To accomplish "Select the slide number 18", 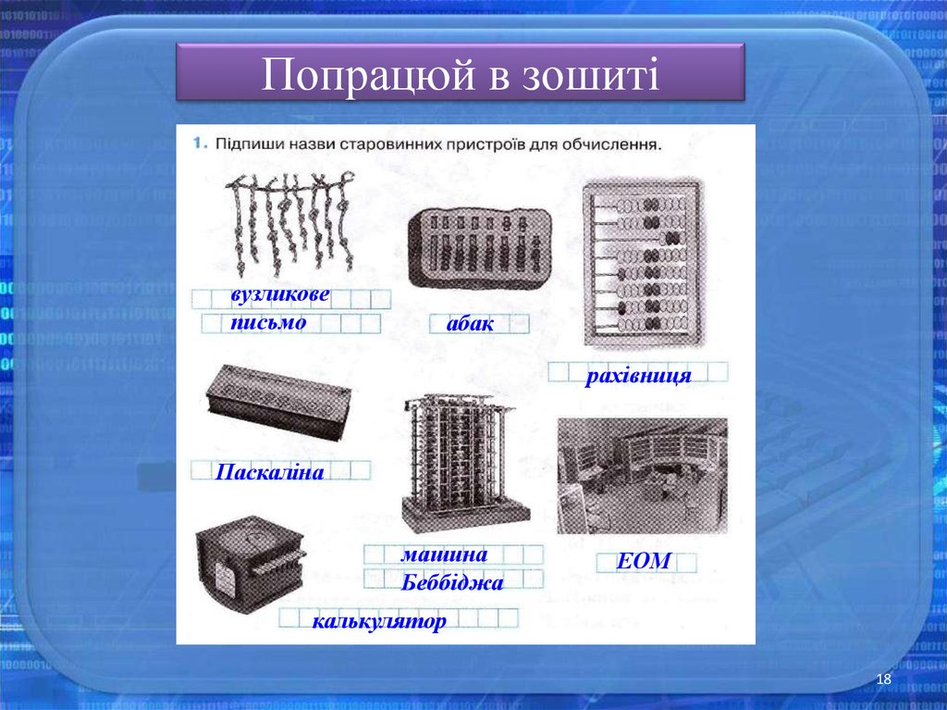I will tap(883, 680).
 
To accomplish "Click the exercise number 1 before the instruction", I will tap(198, 144).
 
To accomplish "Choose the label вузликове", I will tap(280, 295).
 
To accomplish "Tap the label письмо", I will tap(268, 323).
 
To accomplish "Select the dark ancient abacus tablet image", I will tap(479, 243).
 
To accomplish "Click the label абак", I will tap(470, 324).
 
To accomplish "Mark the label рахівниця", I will tap(637, 378).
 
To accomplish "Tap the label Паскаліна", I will tap(269, 473).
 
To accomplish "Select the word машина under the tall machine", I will tap(444, 554).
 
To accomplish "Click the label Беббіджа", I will tap(452, 583).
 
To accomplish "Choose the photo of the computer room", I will tap(642, 475).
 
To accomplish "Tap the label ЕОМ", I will tap(645, 561).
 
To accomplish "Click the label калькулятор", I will tap(379, 621).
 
